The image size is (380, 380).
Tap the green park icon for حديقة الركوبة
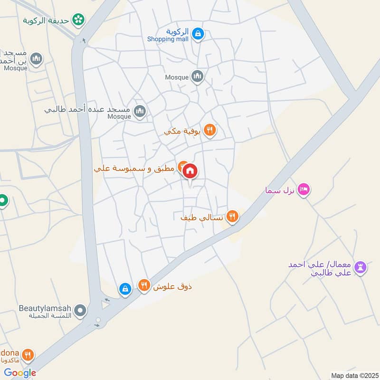[x=78, y=20]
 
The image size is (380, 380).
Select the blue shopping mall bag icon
[x=198, y=33]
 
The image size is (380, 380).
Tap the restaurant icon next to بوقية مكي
[x=209, y=130]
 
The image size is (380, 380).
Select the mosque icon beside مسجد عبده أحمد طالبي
[x=139, y=112]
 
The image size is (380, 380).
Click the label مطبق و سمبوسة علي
[x=135, y=169]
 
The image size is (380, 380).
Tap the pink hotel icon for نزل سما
[x=304, y=190]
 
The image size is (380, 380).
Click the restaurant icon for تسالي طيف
[x=232, y=217]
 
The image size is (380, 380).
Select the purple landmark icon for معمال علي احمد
[x=361, y=267]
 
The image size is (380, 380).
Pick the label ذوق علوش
[x=172, y=286]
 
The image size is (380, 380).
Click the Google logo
[x=20, y=373]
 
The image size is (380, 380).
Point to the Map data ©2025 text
[x=353, y=376]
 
